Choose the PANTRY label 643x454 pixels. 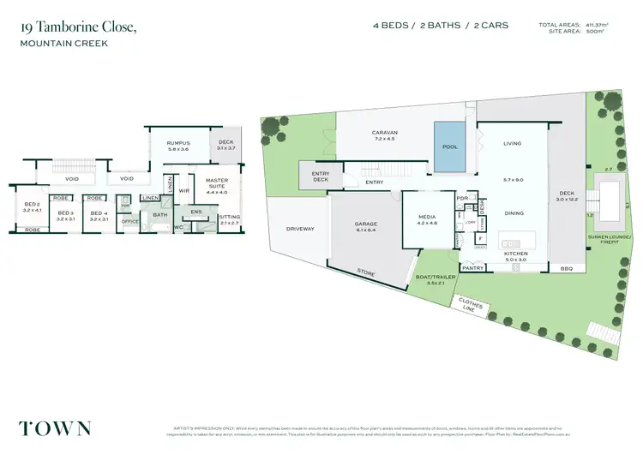(473, 268)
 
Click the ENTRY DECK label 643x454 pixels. (320, 176)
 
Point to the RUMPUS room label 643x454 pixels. (178, 143)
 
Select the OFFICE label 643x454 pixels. (129, 222)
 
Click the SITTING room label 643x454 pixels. (230, 218)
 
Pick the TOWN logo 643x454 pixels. (55, 427)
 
